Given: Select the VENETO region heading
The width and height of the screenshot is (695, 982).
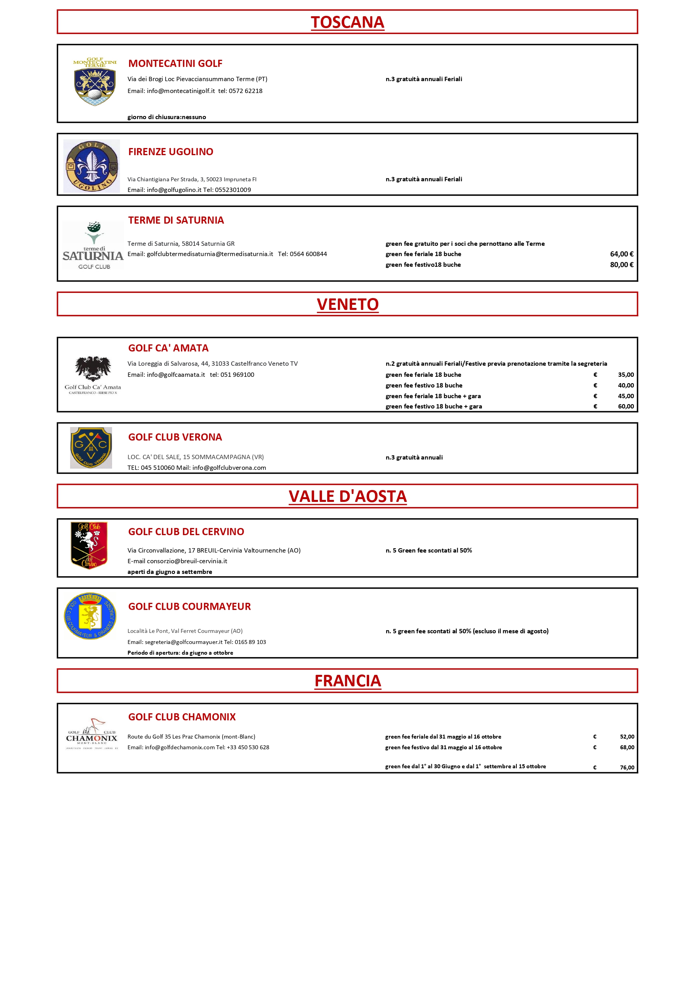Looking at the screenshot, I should tap(348, 304).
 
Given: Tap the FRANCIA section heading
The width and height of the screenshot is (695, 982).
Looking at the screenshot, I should tap(348, 680).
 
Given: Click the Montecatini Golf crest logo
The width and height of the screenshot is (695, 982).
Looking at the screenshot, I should tap(95, 82).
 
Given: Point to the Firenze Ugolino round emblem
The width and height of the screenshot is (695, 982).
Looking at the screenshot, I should tap(91, 166).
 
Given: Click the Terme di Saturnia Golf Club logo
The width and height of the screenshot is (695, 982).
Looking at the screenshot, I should tap(93, 245).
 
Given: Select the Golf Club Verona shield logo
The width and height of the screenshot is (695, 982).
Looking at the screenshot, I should tap(91, 448).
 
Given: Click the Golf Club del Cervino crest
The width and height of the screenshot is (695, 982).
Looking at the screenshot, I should tap(89, 545).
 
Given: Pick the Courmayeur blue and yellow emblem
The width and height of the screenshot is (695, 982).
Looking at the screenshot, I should tap(90, 616).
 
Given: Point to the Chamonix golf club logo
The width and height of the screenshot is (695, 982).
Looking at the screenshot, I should tap(91, 734).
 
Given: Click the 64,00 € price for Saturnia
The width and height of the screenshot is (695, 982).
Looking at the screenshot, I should tap(621, 254).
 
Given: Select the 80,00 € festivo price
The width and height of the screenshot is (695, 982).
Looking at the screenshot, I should tap(621, 265).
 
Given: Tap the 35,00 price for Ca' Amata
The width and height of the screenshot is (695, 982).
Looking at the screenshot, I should tap(626, 375).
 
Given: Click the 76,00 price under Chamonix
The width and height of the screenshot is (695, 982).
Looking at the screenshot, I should tap(627, 767).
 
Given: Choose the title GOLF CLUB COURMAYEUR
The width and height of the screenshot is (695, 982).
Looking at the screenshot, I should tap(189, 606).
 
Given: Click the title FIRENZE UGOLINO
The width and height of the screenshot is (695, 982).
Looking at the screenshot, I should tap(170, 152).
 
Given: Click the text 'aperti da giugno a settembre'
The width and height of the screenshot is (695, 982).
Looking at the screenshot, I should tap(169, 572).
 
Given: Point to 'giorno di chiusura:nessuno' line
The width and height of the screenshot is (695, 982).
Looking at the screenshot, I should tap(166, 117).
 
